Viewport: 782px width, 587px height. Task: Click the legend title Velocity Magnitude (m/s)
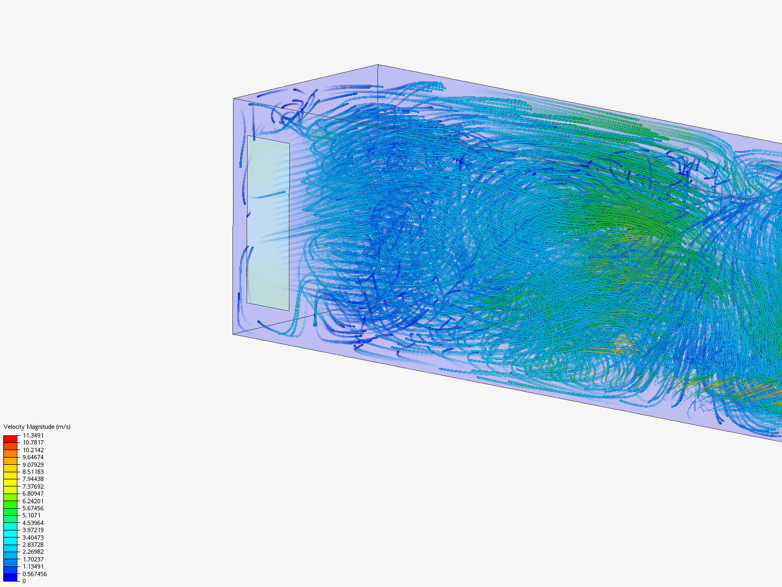[x=37, y=427]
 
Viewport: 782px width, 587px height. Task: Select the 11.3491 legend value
[x=33, y=435]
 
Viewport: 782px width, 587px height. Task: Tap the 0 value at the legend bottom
[x=24, y=581]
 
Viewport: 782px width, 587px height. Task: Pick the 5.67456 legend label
[x=33, y=508]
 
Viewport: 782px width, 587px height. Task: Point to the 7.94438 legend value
[x=33, y=479]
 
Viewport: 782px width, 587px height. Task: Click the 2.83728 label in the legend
[x=33, y=545]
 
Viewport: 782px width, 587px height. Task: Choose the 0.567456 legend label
[x=35, y=574]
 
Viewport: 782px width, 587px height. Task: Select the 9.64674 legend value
[x=33, y=457]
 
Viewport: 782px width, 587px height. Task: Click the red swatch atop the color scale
[x=10, y=439]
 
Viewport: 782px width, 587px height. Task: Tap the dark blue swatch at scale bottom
[x=10, y=577]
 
